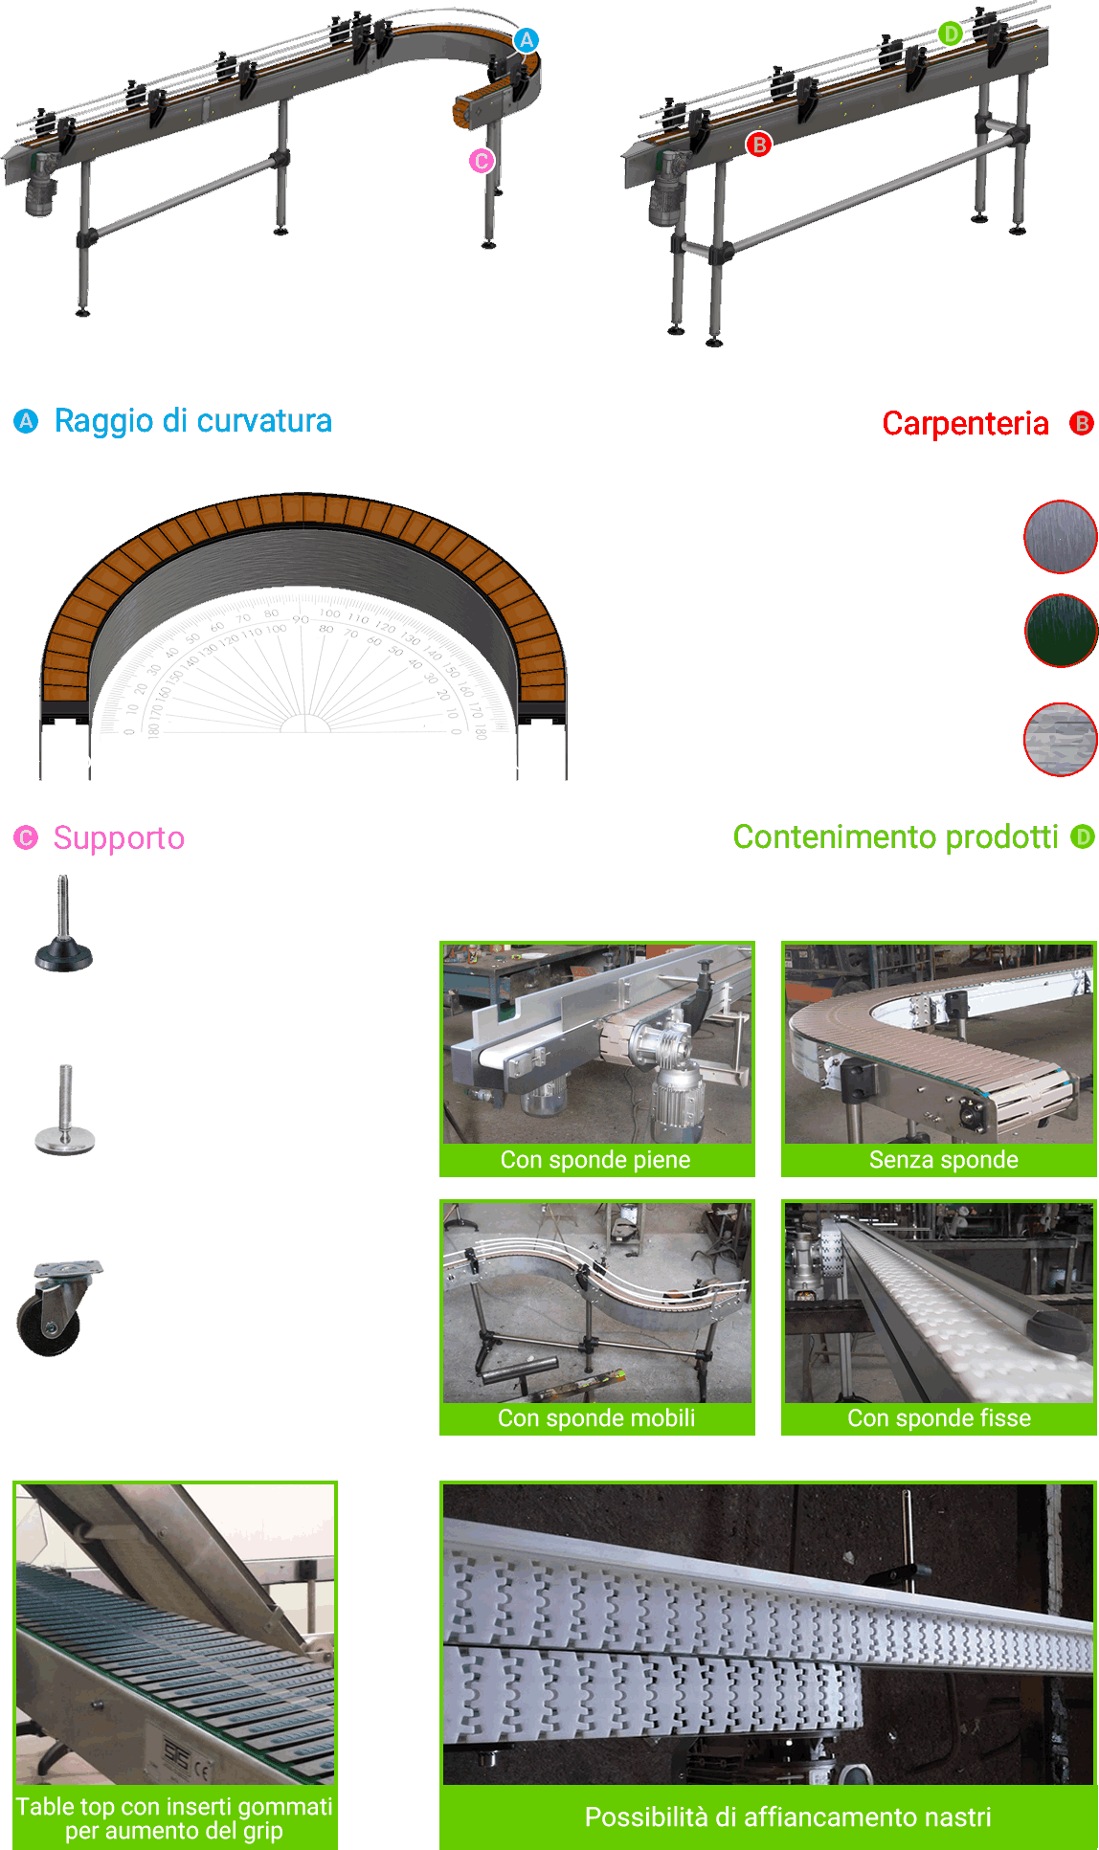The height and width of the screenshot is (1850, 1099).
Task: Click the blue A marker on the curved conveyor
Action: (x=527, y=40)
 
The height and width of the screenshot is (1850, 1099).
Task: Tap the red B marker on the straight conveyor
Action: (x=759, y=145)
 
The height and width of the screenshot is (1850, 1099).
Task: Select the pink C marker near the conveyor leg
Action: (x=482, y=161)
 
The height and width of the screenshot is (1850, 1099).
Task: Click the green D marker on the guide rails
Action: (x=950, y=33)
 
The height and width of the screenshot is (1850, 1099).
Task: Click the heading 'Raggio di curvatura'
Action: (x=192, y=421)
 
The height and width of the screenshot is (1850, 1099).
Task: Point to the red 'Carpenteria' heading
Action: (x=965, y=423)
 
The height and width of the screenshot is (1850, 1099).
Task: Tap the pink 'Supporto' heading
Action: (x=119, y=838)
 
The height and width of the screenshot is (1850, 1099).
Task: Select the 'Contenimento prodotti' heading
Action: (x=895, y=837)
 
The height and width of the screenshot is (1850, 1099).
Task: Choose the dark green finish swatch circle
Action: (x=1060, y=630)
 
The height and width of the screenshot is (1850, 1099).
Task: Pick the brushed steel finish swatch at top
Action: (x=1060, y=537)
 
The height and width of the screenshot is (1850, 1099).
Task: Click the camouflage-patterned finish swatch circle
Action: (x=1060, y=739)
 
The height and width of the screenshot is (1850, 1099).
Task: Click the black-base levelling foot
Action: (x=63, y=925)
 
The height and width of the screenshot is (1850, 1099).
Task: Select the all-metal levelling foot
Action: (x=65, y=1110)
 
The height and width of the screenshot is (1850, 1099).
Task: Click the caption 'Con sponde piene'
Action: (x=595, y=1160)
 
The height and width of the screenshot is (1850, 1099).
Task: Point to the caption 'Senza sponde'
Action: (x=943, y=1160)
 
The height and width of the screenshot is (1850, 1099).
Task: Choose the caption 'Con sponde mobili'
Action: (x=596, y=1418)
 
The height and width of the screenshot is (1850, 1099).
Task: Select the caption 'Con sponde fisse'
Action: (x=939, y=1418)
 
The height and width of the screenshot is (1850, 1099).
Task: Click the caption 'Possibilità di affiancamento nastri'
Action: (x=788, y=1817)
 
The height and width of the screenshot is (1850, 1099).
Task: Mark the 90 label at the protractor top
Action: (x=301, y=620)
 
